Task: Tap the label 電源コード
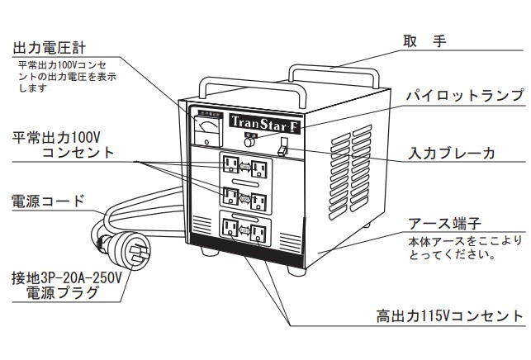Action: [48, 200]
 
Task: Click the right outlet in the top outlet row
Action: [259, 168]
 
